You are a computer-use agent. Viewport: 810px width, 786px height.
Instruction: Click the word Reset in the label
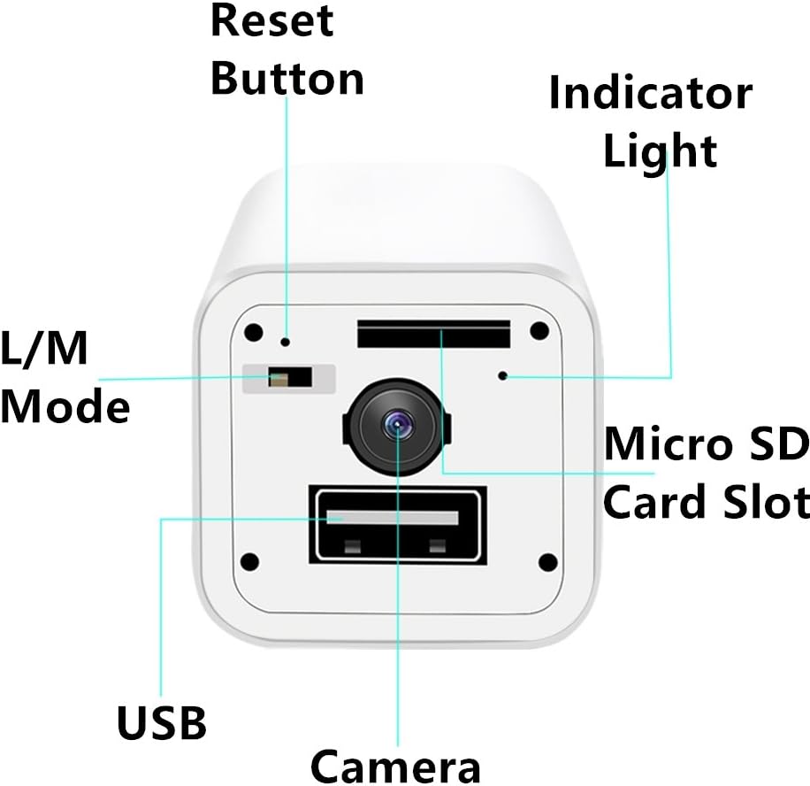[272, 21]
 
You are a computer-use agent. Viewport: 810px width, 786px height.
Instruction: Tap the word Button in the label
[287, 78]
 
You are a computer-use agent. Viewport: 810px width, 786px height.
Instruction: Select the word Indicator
[650, 94]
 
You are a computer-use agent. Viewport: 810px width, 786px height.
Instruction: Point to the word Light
[660, 150]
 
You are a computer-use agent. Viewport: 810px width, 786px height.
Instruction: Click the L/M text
[44, 351]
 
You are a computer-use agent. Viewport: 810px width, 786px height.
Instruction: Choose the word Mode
[65, 407]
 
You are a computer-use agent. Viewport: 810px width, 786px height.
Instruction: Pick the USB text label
[162, 723]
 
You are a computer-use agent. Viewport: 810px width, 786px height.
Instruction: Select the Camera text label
[394, 765]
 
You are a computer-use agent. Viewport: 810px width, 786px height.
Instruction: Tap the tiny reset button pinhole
[285, 340]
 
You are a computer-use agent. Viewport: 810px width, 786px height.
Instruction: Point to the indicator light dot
[502, 375]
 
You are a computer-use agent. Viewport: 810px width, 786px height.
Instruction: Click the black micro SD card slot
[433, 334]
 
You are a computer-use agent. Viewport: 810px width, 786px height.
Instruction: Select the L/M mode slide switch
[289, 378]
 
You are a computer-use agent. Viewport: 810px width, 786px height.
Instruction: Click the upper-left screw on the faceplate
[253, 332]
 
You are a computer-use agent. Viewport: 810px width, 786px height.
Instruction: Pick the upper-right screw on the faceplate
[539, 332]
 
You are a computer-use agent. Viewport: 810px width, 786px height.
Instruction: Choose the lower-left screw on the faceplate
[250, 561]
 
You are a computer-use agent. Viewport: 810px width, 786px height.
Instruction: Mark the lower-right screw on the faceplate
[547, 561]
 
